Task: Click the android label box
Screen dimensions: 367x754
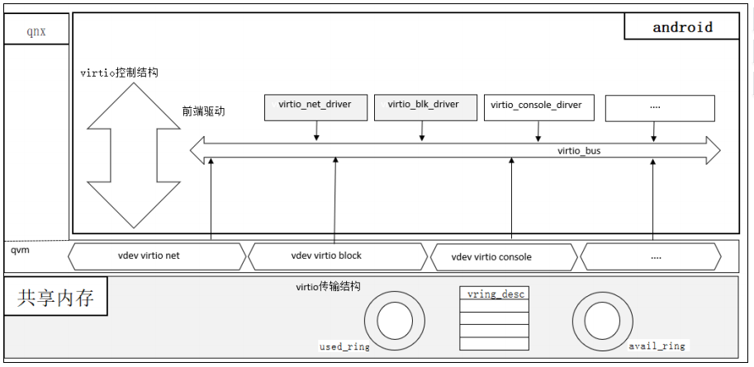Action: click(681, 27)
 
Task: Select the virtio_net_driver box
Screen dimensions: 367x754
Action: click(315, 106)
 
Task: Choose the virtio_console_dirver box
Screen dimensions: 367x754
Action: click(535, 106)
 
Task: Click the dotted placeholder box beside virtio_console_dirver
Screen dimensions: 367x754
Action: click(659, 107)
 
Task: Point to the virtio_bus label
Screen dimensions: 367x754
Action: click(578, 152)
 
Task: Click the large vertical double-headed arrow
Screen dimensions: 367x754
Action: click(133, 150)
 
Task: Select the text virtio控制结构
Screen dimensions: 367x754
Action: click(119, 73)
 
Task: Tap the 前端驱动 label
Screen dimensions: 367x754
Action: click(204, 111)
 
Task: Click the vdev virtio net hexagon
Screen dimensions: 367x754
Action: click(157, 256)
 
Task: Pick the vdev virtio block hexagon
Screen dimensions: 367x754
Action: click(338, 256)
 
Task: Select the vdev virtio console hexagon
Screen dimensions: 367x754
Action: click(503, 256)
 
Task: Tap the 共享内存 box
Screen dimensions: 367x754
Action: click(55, 298)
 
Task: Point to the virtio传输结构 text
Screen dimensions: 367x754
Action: click(328, 286)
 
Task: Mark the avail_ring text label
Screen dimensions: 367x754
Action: click(657, 346)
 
